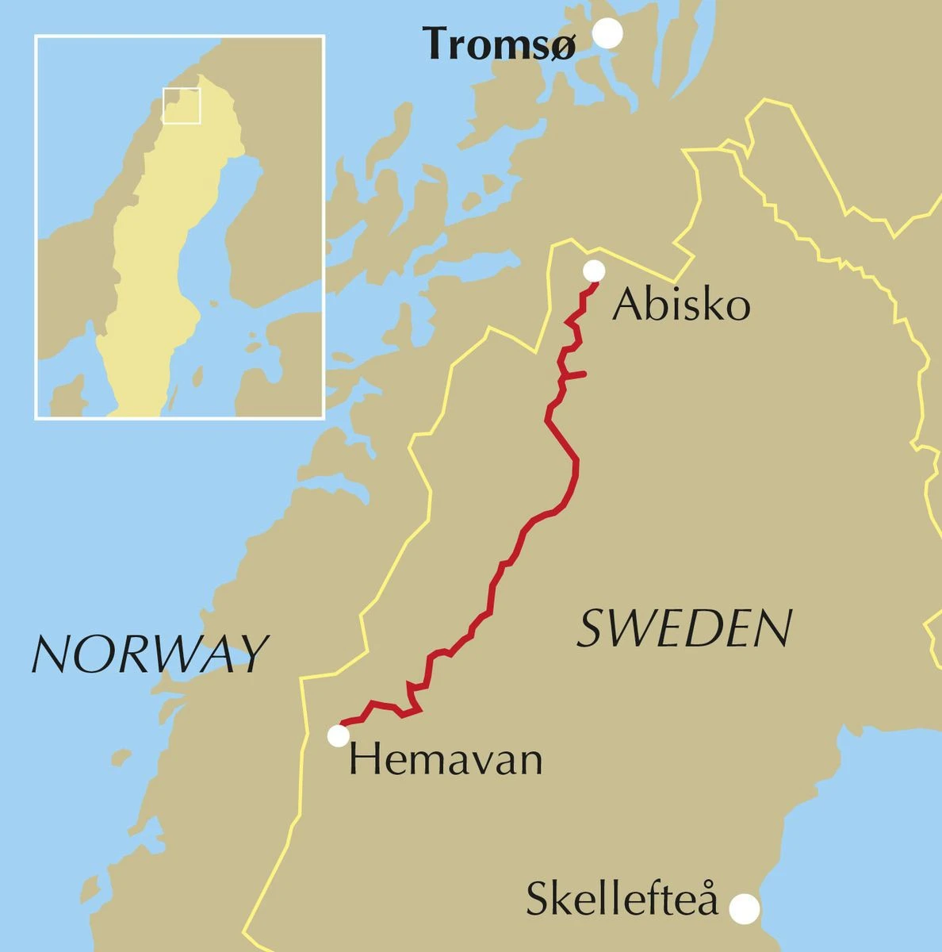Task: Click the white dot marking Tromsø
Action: pos(608,33)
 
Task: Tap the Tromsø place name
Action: pos(499,44)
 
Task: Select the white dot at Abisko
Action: pos(594,271)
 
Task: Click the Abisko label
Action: pos(681,305)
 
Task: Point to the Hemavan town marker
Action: pos(339,736)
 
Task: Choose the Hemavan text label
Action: pos(446,759)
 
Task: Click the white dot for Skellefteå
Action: pos(744,908)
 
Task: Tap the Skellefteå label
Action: pos(622,900)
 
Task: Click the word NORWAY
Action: pos(149,654)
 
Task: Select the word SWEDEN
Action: pos(684,629)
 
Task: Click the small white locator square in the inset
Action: pos(182,106)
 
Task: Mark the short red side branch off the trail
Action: pos(575,374)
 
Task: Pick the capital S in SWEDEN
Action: pos(591,629)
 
